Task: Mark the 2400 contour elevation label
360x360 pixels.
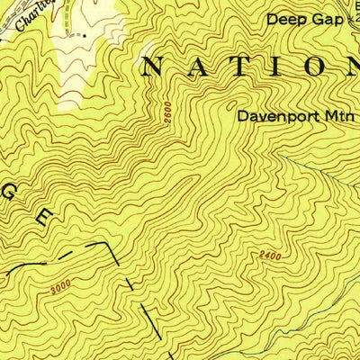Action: point(266,257)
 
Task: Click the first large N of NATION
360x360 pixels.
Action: point(155,65)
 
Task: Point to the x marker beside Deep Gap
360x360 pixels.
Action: point(352,18)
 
